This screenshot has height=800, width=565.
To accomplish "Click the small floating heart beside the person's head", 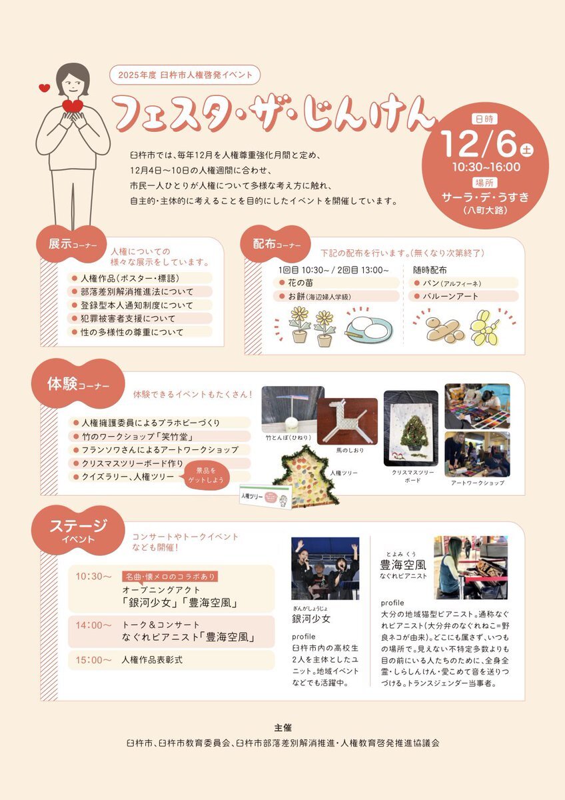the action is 44,87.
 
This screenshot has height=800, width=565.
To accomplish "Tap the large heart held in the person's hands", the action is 73,106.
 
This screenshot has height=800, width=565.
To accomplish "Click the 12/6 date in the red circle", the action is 480,144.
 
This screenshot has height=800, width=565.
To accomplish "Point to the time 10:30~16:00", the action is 486,167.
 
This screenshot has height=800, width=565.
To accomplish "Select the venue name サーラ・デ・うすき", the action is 485,197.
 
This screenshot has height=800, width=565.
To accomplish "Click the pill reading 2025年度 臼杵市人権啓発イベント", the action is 185,75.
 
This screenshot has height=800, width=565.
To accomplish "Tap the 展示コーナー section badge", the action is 72,244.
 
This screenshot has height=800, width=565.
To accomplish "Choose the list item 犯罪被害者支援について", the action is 139,319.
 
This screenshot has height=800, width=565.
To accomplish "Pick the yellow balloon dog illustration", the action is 486,329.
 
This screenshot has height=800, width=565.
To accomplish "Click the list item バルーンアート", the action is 463,297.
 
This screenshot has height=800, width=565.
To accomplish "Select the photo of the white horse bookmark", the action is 347,421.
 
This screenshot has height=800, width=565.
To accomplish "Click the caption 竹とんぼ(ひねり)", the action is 288,437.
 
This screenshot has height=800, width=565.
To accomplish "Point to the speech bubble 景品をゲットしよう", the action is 207,476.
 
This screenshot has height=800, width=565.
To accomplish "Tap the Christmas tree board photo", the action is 411,428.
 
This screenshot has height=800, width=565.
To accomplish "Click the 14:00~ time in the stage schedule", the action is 93,625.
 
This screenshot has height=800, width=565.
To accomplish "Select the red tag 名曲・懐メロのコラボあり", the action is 170,577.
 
